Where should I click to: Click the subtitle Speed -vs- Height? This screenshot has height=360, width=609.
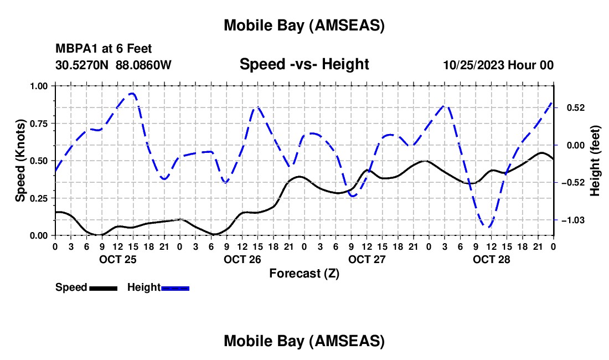(x=304, y=64)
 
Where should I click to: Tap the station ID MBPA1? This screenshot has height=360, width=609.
(x=75, y=49)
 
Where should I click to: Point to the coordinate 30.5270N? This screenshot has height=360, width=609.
(x=82, y=65)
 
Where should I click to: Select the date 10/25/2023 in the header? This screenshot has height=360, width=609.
(x=474, y=65)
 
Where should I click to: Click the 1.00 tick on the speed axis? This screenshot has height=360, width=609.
(x=39, y=86)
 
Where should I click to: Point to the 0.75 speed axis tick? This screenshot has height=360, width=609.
(x=39, y=124)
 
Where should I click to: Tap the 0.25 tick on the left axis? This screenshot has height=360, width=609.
(x=39, y=198)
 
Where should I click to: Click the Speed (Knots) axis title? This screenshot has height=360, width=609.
(x=20, y=161)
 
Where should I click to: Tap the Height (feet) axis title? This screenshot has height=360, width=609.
(x=595, y=161)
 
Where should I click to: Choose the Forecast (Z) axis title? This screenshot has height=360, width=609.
(x=304, y=273)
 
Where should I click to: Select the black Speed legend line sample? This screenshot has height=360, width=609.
(x=103, y=288)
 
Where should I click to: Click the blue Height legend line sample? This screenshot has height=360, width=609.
(x=175, y=288)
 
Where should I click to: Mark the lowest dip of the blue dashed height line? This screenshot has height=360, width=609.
(x=488, y=227)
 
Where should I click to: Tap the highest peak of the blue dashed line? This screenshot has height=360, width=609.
(x=132, y=93)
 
